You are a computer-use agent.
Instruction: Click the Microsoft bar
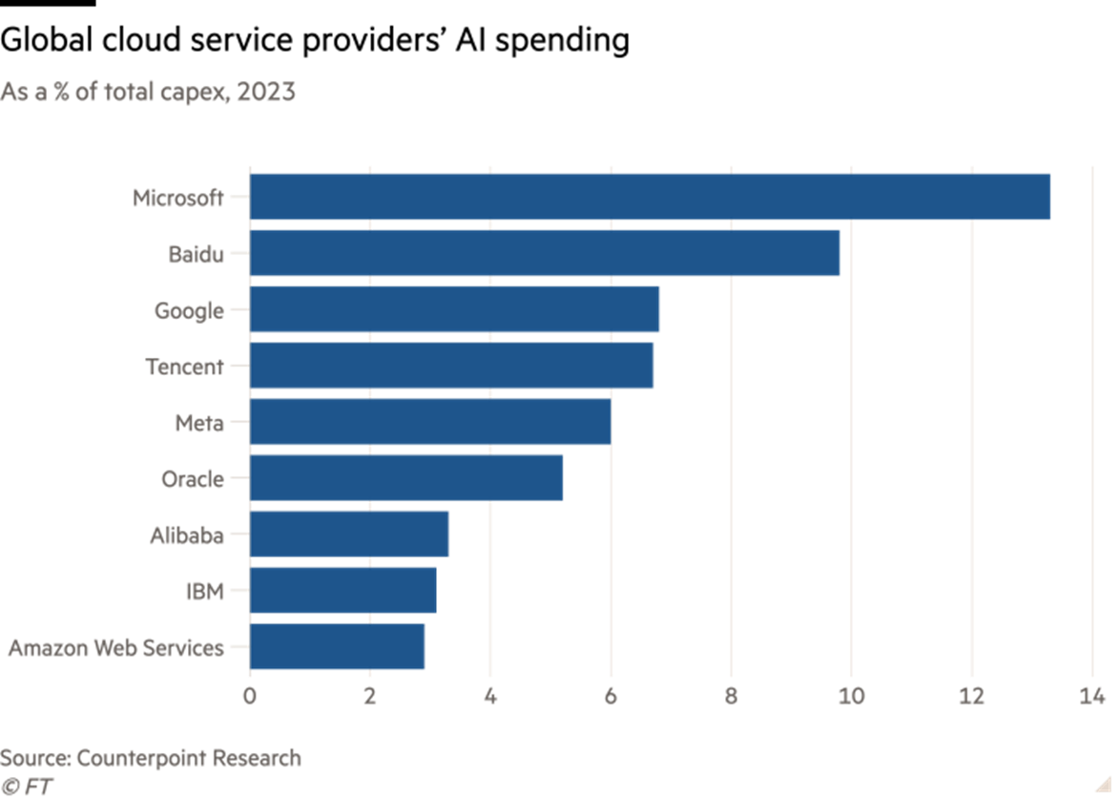click(650, 197)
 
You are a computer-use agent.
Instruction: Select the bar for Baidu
click(545, 253)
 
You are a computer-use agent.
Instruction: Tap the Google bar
click(454, 309)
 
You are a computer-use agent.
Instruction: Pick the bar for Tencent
click(451, 366)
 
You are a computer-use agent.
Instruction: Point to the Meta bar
click(430, 421)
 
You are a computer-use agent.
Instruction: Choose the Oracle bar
click(406, 478)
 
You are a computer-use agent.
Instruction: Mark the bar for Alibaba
click(349, 535)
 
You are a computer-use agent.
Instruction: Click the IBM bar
click(343, 590)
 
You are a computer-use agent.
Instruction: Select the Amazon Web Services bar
click(337, 646)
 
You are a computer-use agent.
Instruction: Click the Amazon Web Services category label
click(116, 648)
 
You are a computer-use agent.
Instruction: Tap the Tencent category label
click(185, 367)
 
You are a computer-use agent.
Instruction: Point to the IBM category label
click(205, 592)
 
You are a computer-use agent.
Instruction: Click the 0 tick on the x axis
click(249, 696)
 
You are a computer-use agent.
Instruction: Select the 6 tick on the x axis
click(611, 696)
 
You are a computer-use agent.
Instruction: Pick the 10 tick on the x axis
click(851, 696)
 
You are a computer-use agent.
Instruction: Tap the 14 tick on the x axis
click(1092, 696)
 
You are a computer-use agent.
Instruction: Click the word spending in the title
click(562, 41)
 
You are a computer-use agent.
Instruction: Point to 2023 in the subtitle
click(266, 93)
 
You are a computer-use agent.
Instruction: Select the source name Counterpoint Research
click(189, 758)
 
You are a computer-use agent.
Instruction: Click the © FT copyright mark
click(27, 787)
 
